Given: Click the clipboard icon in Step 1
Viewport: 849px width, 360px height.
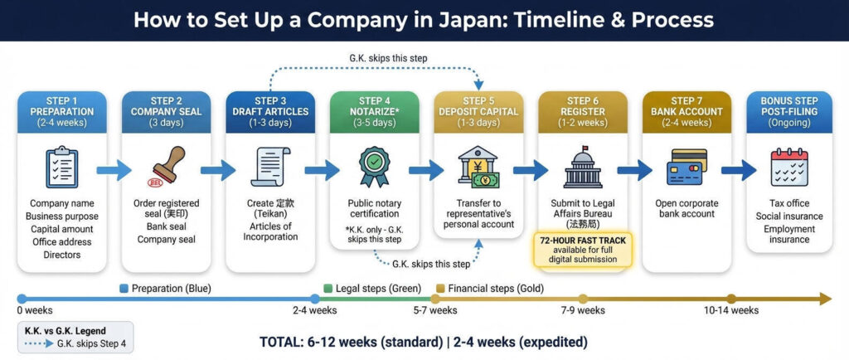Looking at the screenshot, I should (61, 168).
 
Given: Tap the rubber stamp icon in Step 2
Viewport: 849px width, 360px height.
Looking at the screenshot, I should (166, 168).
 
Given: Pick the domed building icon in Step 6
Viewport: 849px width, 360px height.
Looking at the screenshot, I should (583, 168).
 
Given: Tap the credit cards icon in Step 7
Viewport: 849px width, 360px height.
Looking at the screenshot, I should (686, 168).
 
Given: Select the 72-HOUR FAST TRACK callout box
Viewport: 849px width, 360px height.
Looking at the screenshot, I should (582, 249).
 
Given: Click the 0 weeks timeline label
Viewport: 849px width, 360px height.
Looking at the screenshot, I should (34, 310).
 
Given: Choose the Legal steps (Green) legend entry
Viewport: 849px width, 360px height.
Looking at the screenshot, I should (371, 289).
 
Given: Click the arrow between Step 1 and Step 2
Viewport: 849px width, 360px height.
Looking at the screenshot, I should (114, 171).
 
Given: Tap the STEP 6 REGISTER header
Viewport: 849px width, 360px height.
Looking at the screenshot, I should (583, 112).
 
